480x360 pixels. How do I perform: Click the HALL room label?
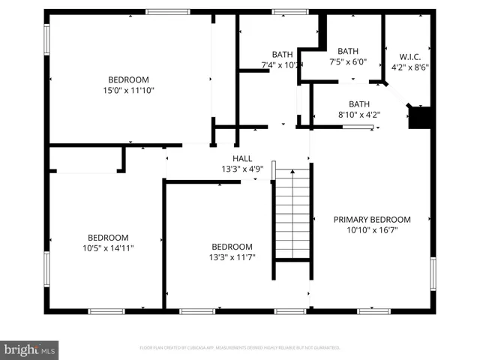[x=242, y=158]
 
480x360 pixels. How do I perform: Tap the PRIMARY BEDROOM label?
[x=372, y=220]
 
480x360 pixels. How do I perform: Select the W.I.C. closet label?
[x=409, y=55]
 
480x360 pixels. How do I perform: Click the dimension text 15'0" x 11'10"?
[x=128, y=90]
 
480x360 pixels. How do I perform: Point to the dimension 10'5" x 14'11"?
[x=108, y=247]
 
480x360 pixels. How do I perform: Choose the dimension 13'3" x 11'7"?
[x=232, y=257]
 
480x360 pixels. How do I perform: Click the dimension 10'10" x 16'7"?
[x=372, y=230]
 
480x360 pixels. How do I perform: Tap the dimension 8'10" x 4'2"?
[x=358, y=115]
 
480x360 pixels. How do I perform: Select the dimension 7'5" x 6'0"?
[x=348, y=62]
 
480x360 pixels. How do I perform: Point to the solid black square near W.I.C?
[x=421, y=118]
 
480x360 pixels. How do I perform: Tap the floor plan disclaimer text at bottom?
[x=240, y=348]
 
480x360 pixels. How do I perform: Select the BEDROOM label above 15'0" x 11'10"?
[x=128, y=79]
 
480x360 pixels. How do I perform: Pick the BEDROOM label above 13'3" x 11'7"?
[x=232, y=247]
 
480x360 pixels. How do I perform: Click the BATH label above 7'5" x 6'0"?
[x=348, y=52]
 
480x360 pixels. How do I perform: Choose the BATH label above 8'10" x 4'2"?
[x=358, y=104]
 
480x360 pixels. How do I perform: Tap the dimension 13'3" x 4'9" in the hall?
[x=242, y=169]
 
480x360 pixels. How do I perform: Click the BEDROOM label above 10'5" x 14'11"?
[x=108, y=237]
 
